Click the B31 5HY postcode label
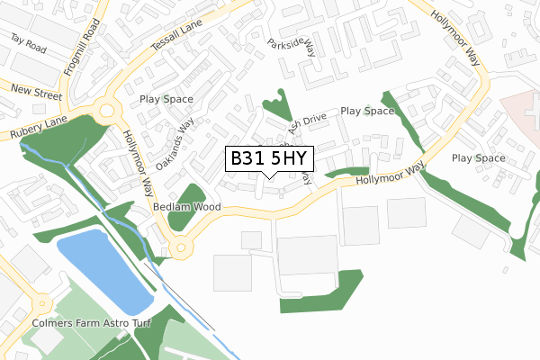tap(268, 159)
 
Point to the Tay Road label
tap(29, 41)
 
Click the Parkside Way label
tap(292, 46)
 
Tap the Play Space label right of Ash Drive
tap(367, 112)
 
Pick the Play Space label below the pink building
tap(478, 158)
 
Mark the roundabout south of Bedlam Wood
tap(183, 246)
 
